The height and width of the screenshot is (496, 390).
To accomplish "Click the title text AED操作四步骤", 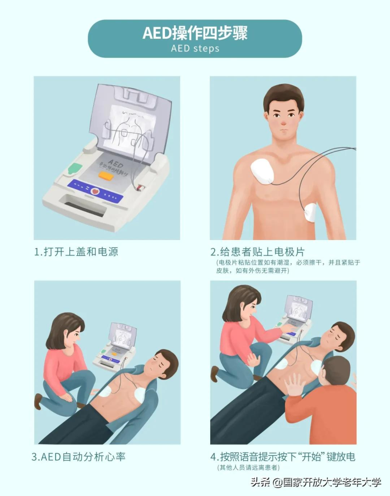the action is tap(195, 33).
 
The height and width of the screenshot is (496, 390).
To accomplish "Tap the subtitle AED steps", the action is tap(195, 49).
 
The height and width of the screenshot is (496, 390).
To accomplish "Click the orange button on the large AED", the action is tap(106, 175).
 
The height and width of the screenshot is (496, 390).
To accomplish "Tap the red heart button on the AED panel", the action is tap(95, 191).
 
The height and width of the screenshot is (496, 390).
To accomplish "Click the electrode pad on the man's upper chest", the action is tap(262, 171).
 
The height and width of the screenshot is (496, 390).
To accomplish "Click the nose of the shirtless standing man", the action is tap(283, 121).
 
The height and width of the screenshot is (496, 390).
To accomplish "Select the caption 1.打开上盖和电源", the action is tap(76, 252).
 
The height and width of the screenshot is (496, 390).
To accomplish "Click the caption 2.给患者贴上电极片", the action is tap(258, 252).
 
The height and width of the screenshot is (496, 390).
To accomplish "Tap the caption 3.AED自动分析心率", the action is tap(78, 457).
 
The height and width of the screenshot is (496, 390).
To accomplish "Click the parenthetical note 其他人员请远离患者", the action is tap(248, 468).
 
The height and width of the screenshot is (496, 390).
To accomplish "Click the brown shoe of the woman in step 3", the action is tap(38, 401).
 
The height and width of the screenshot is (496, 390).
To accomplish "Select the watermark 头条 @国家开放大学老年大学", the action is tap(316, 483).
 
